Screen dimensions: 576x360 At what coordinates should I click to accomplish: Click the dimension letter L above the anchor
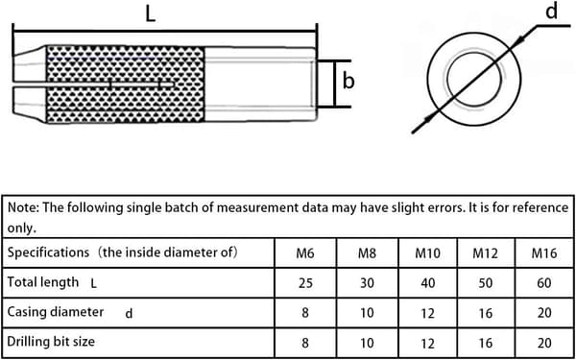[x=151, y=13]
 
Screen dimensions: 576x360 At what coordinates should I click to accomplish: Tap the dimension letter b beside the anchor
[x=348, y=81]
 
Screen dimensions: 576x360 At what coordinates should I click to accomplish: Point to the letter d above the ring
[x=551, y=12]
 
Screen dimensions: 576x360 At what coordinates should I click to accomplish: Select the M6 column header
[x=305, y=253]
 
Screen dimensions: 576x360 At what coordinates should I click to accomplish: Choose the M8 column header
[x=367, y=253]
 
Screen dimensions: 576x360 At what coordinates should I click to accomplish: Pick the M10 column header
[x=427, y=253]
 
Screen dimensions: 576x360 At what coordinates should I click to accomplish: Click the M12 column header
[x=486, y=253]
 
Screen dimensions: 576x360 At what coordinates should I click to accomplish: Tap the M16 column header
[x=544, y=253]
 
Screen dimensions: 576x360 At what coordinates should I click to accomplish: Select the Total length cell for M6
[x=305, y=283]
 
